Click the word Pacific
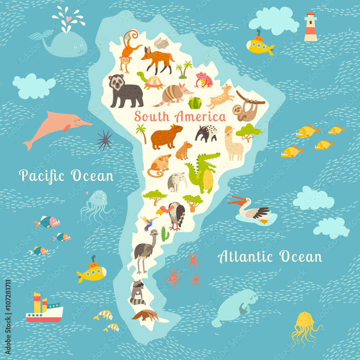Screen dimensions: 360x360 coord(42,176)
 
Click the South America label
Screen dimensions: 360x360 coord(180,117)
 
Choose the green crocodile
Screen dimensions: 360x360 coord(202,173)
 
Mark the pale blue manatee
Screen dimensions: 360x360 coord(236,306)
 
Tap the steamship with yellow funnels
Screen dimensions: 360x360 coord(44,310)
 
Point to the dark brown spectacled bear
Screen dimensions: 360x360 coord(124,91)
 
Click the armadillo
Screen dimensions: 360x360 coord(172,94)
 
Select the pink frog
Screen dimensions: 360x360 coord(204,80)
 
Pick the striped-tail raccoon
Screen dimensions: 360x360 coord(137,293)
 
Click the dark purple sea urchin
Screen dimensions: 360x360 coord(104,140)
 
